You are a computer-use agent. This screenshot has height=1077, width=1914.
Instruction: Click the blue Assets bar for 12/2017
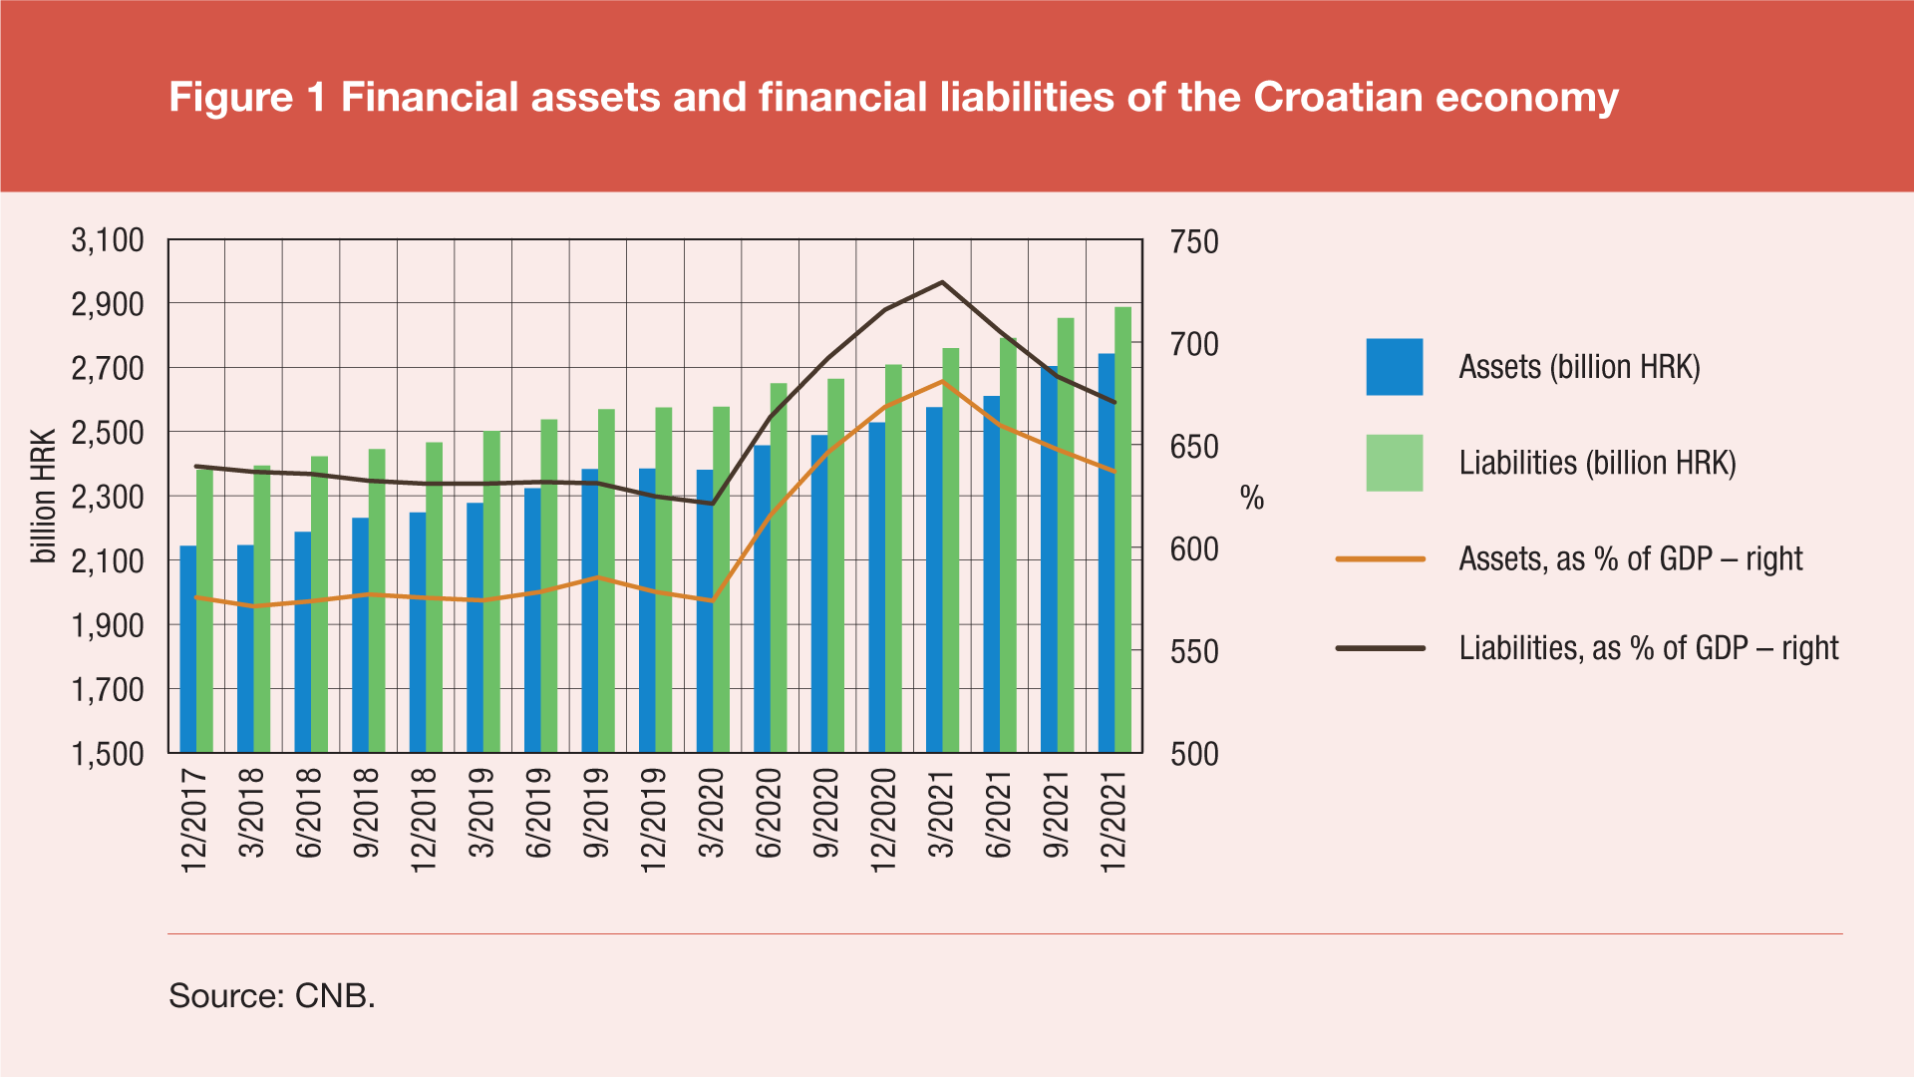[187, 648]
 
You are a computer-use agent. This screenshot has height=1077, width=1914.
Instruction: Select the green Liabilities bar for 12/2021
[1123, 529]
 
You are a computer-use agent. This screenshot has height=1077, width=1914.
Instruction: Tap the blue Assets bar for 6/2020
[762, 598]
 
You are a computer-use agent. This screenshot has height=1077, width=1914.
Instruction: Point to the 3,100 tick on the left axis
[108, 240]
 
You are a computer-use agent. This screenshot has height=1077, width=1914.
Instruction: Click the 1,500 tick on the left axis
[108, 754]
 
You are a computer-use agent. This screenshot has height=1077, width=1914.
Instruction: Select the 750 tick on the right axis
[1194, 242]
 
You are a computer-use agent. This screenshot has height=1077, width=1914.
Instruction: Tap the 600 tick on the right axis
[1194, 549]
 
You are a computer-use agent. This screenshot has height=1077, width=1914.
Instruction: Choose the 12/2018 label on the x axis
[425, 820]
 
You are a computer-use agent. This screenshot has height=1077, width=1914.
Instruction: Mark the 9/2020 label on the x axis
[827, 813]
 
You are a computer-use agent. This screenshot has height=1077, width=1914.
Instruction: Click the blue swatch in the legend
[1394, 367]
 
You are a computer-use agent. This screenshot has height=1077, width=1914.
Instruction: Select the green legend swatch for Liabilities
[1394, 463]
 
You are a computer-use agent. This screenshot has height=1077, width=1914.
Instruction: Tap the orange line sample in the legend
[1380, 559]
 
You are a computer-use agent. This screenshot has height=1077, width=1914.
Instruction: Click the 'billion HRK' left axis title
[44, 497]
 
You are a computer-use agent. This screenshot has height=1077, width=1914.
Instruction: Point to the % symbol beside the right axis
[1252, 498]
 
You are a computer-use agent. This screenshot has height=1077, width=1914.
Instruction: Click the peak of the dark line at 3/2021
[942, 282]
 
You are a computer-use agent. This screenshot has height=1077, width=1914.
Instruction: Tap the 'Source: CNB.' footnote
[272, 995]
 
